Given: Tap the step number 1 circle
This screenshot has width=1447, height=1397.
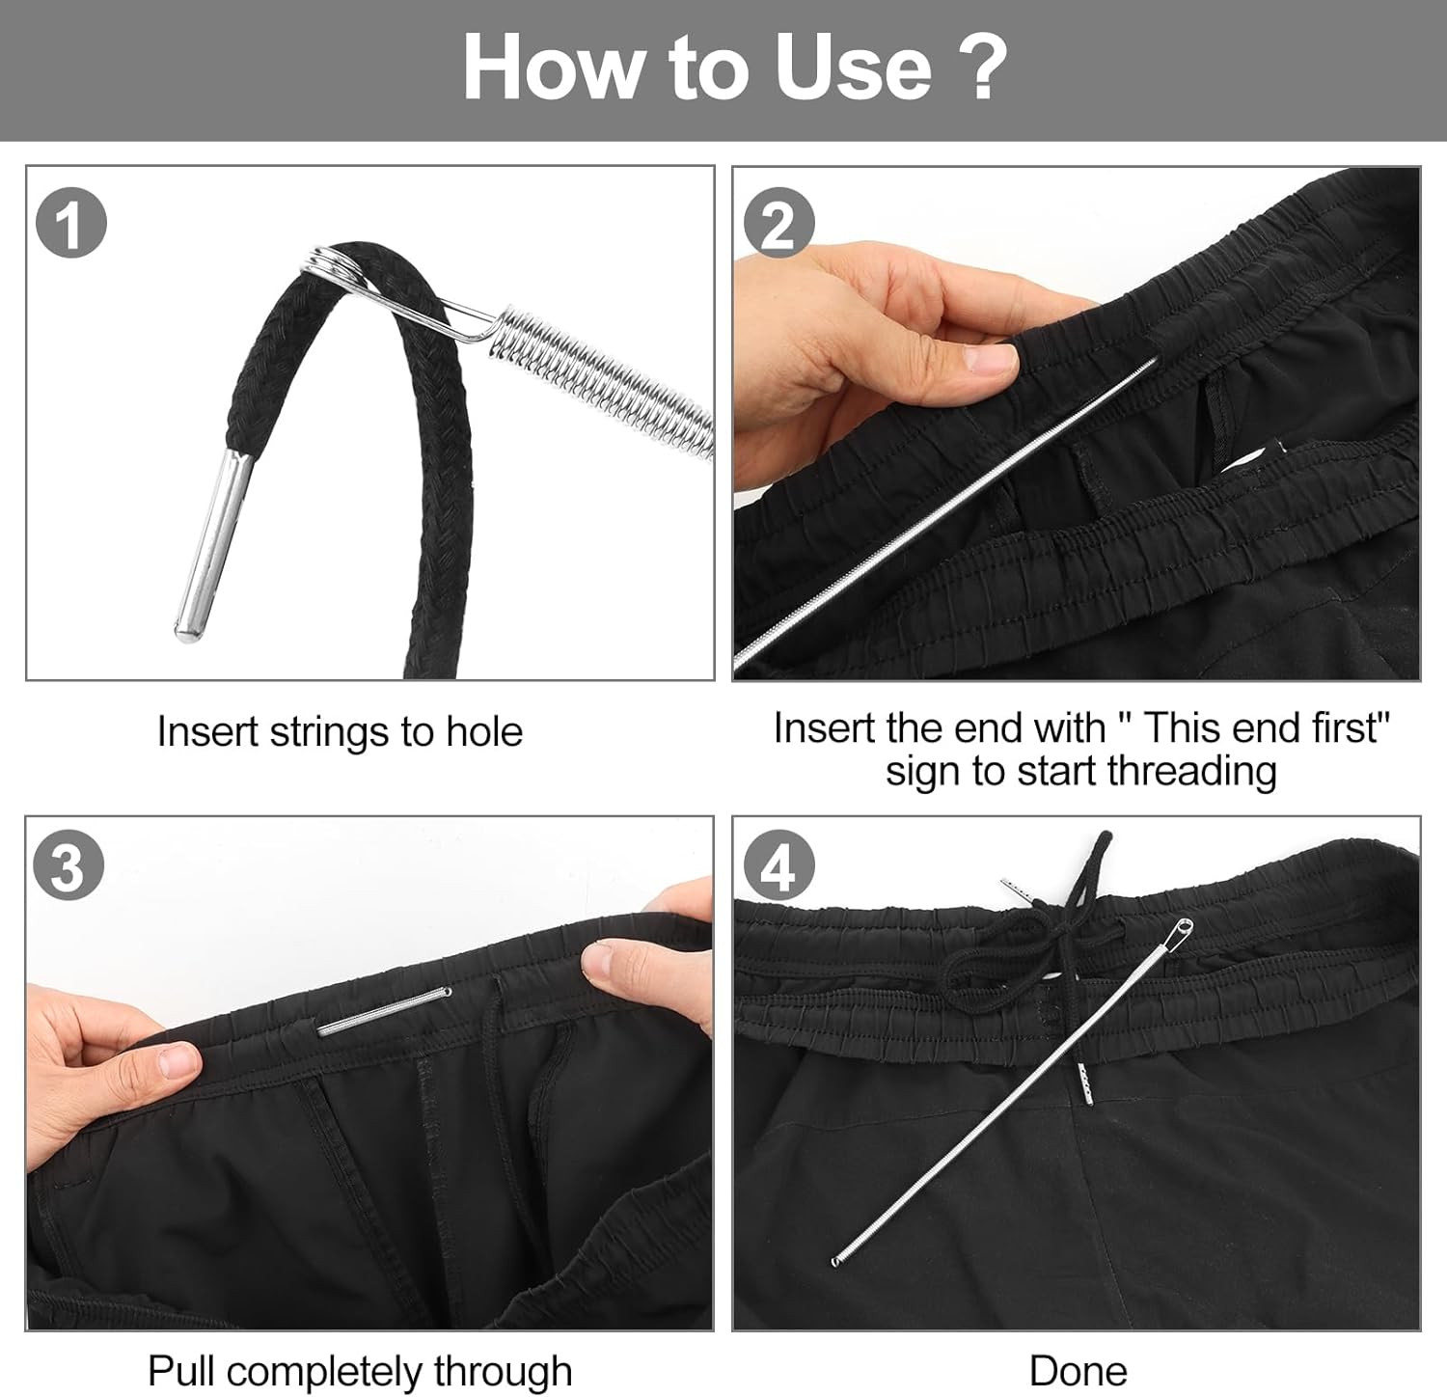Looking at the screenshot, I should click(x=70, y=225).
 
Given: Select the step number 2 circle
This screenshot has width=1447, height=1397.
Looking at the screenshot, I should click(x=779, y=225).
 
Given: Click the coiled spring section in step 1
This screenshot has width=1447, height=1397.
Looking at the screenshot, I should click(x=608, y=381).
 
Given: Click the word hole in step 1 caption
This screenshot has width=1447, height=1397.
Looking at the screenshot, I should click(x=483, y=732).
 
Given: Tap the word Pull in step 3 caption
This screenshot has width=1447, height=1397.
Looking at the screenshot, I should click(x=182, y=1371).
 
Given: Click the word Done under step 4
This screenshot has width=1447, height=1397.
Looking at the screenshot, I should click(x=1078, y=1371).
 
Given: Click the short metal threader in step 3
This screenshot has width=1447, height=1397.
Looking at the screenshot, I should click(x=384, y=1010).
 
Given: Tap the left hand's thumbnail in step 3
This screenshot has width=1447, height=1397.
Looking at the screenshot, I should click(x=177, y=1061).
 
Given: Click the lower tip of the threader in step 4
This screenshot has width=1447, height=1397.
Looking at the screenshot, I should click(x=835, y=1260).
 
